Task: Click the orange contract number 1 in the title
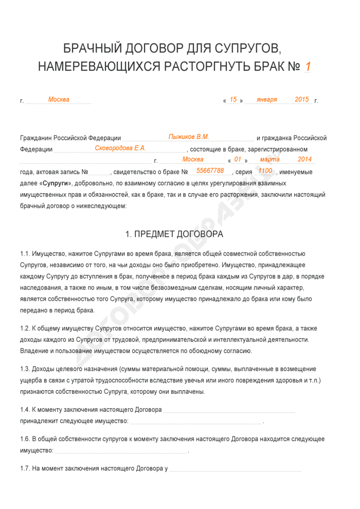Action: [308, 67]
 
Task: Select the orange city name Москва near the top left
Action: [59, 100]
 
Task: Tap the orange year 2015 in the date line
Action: [302, 100]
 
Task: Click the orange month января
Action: [266, 100]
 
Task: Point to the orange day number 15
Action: [233, 100]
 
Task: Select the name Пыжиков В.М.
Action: [189, 137]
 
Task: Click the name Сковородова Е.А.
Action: [120, 148]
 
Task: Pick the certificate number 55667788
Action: [210, 171]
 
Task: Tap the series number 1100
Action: [265, 171]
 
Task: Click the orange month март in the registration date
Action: [270, 159]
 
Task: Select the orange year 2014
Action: [305, 159]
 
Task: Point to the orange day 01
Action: [238, 159]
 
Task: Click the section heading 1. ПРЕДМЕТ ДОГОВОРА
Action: [174, 234]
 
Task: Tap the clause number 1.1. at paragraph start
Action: [25, 254]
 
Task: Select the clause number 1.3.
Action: [25, 369]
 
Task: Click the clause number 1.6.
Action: [25, 440]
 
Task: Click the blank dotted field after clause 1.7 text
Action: [235, 470]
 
